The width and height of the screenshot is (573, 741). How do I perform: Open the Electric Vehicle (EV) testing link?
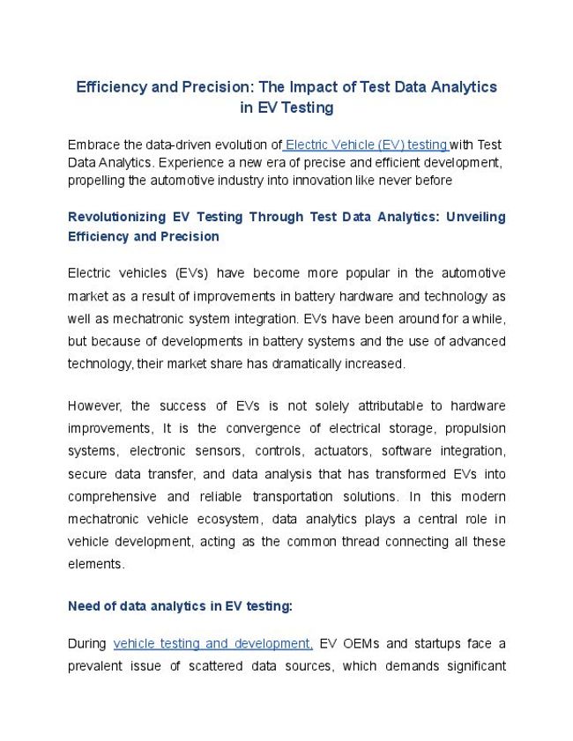366,144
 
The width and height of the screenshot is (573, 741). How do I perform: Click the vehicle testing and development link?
212,643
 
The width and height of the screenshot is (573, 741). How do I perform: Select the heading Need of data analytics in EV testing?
180,606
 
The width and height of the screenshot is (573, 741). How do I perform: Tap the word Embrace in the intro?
95,144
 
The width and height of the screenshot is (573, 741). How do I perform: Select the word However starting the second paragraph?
94,405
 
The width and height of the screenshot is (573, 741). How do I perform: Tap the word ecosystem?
230,520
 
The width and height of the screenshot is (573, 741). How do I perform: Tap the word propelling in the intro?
97,181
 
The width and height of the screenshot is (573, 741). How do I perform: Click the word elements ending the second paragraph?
95,564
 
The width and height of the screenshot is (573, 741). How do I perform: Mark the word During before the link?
86,643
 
